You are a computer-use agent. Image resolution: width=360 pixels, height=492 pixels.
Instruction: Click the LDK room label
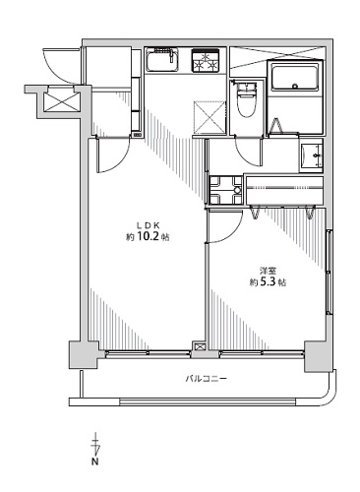click(x=148, y=225)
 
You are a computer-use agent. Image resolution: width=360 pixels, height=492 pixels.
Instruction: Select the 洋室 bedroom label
click(x=268, y=271)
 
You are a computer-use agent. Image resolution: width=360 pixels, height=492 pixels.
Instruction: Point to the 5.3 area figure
click(x=267, y=282)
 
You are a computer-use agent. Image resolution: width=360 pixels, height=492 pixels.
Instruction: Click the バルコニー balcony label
click(x=206, y=379)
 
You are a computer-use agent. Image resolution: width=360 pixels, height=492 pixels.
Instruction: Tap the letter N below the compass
click(x=95, y=461)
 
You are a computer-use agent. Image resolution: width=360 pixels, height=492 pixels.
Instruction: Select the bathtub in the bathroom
click(x=294, y=77)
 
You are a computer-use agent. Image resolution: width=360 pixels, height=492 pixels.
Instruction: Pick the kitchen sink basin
click(x=162, y=60)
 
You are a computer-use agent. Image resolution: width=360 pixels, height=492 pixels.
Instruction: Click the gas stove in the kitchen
click(x=206, y=60)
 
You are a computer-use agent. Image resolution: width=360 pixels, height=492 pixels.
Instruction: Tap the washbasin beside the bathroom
click(x=312, y=155)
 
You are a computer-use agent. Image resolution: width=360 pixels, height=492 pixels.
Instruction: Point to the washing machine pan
click(x=225, y=190)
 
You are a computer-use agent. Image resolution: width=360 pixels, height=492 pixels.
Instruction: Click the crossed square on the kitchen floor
click(x=210, y=117)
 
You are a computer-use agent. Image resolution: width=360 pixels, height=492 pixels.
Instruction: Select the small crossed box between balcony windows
click(x=200, y=346)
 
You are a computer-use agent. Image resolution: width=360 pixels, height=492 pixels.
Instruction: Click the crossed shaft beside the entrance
click(x=61, y=101)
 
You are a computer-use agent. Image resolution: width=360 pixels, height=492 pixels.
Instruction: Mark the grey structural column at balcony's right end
click(x=318, y=356)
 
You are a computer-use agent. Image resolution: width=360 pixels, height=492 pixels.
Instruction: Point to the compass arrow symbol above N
click(x=95, y=443)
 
